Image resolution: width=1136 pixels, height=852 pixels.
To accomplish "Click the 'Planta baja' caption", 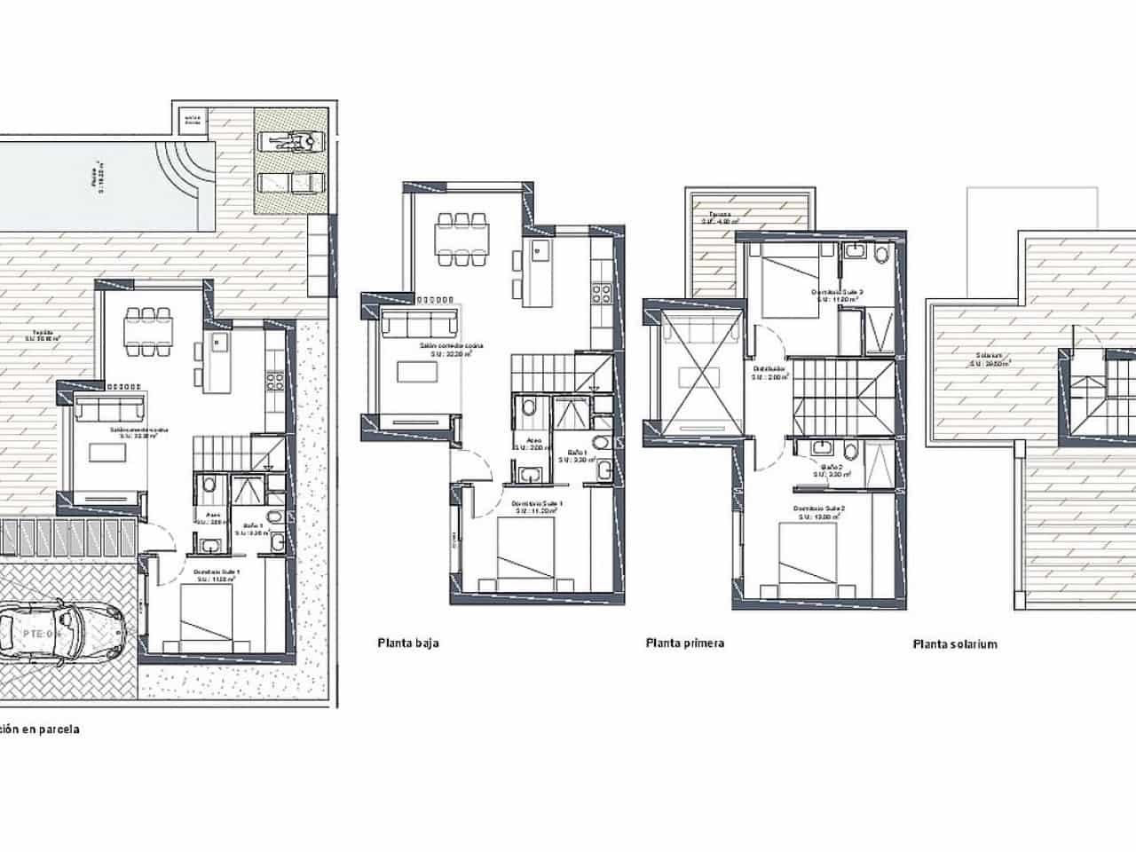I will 408,644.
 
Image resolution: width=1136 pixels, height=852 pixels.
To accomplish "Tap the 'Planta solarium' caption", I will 955,644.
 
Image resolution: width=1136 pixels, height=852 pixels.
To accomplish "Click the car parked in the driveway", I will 62,634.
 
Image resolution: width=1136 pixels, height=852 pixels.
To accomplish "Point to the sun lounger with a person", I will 290,142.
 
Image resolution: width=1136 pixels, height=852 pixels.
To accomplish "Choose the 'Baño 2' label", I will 832,467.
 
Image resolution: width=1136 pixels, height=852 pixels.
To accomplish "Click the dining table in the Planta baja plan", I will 460,239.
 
